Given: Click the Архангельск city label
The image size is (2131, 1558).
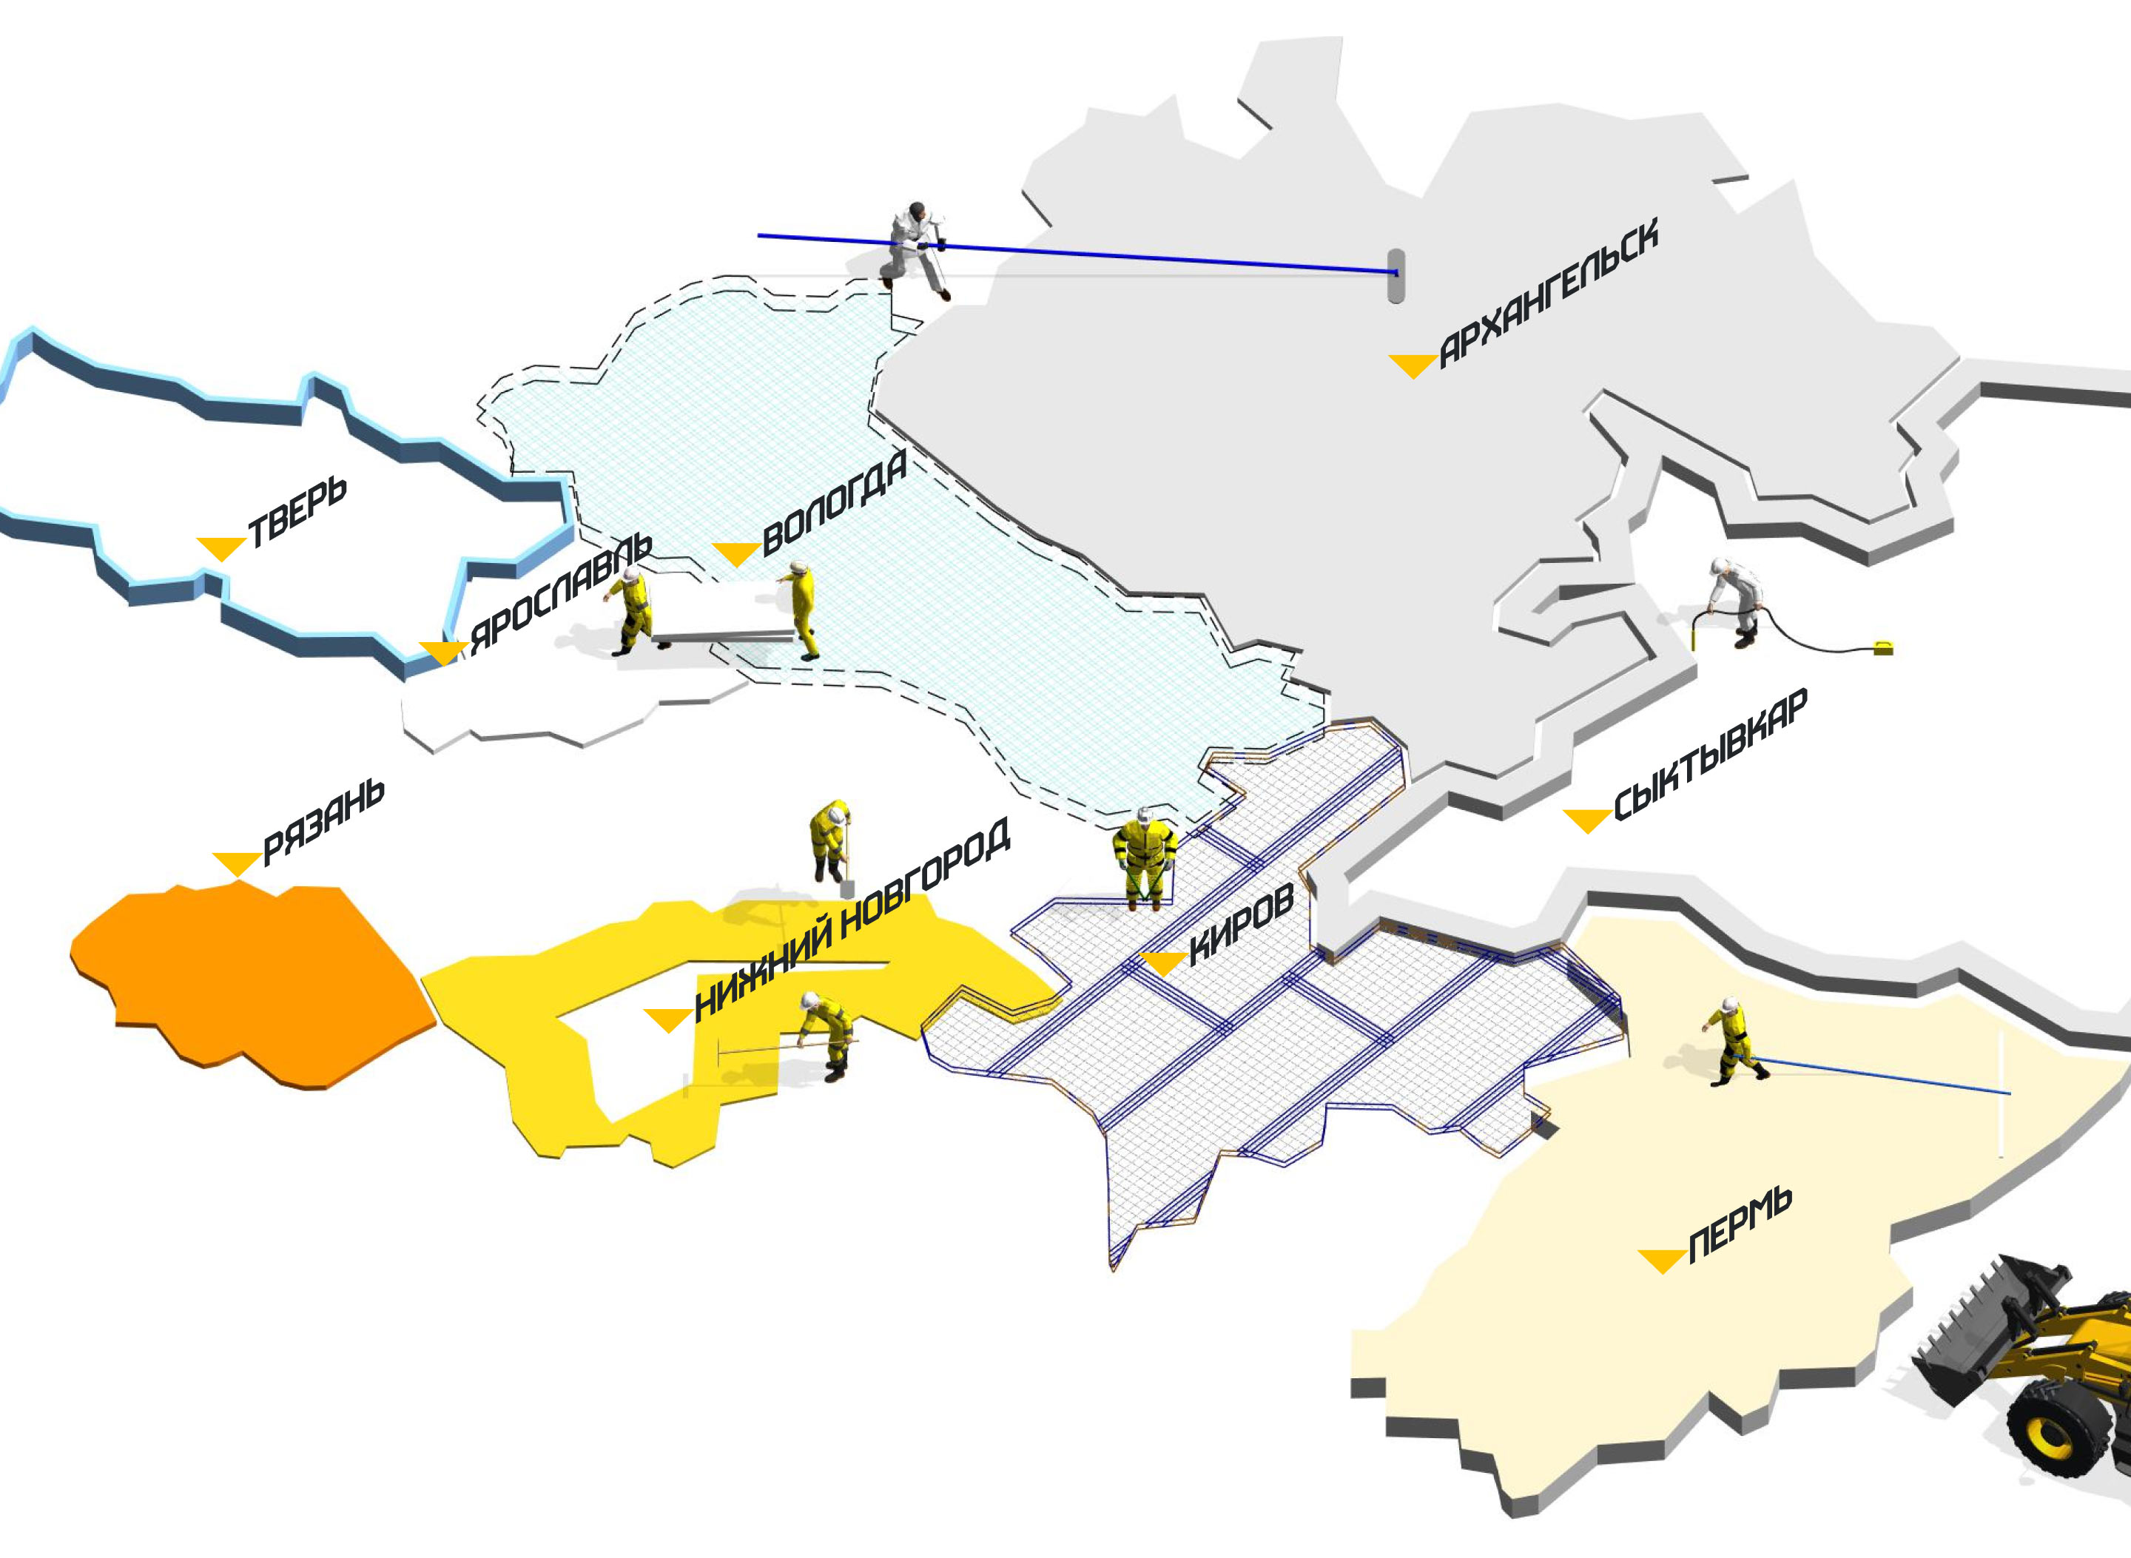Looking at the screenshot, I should coord(1548,292).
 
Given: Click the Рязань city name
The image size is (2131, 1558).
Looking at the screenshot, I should coord(323,821).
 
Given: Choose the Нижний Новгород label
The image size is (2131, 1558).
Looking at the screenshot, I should coord(852,920).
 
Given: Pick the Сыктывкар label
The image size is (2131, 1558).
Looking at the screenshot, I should coord(1710,755).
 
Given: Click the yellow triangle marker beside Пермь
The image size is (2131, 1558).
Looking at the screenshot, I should coord(1661,1259).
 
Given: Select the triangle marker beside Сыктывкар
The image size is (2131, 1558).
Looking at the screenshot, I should coord(1586,820).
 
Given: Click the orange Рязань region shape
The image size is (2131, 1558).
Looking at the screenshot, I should coord(255,981).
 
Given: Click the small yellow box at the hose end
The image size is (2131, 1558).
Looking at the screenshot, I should coord(1883,647).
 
